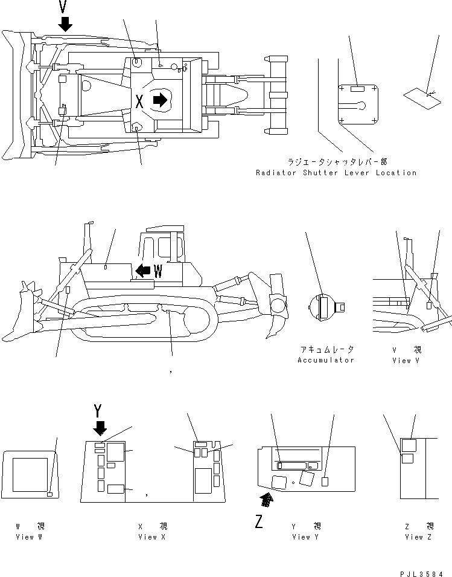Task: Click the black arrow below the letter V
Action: pyautogui.click(x=65, y=24)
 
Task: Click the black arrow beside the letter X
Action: pyautogui.click(x=160, y=100)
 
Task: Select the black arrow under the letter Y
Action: pyautogui.click(x=100, y=428)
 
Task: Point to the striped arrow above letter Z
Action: pyautogui.click(x=265, y=498)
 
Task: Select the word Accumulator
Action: pyautogui.click(x=325, y=360)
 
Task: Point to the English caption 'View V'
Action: pyautogui.click(x=406, y=360)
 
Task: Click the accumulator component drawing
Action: pyautogui.click(x=326, y=306)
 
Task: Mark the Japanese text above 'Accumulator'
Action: pyautogui.click(x=326, y=350)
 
